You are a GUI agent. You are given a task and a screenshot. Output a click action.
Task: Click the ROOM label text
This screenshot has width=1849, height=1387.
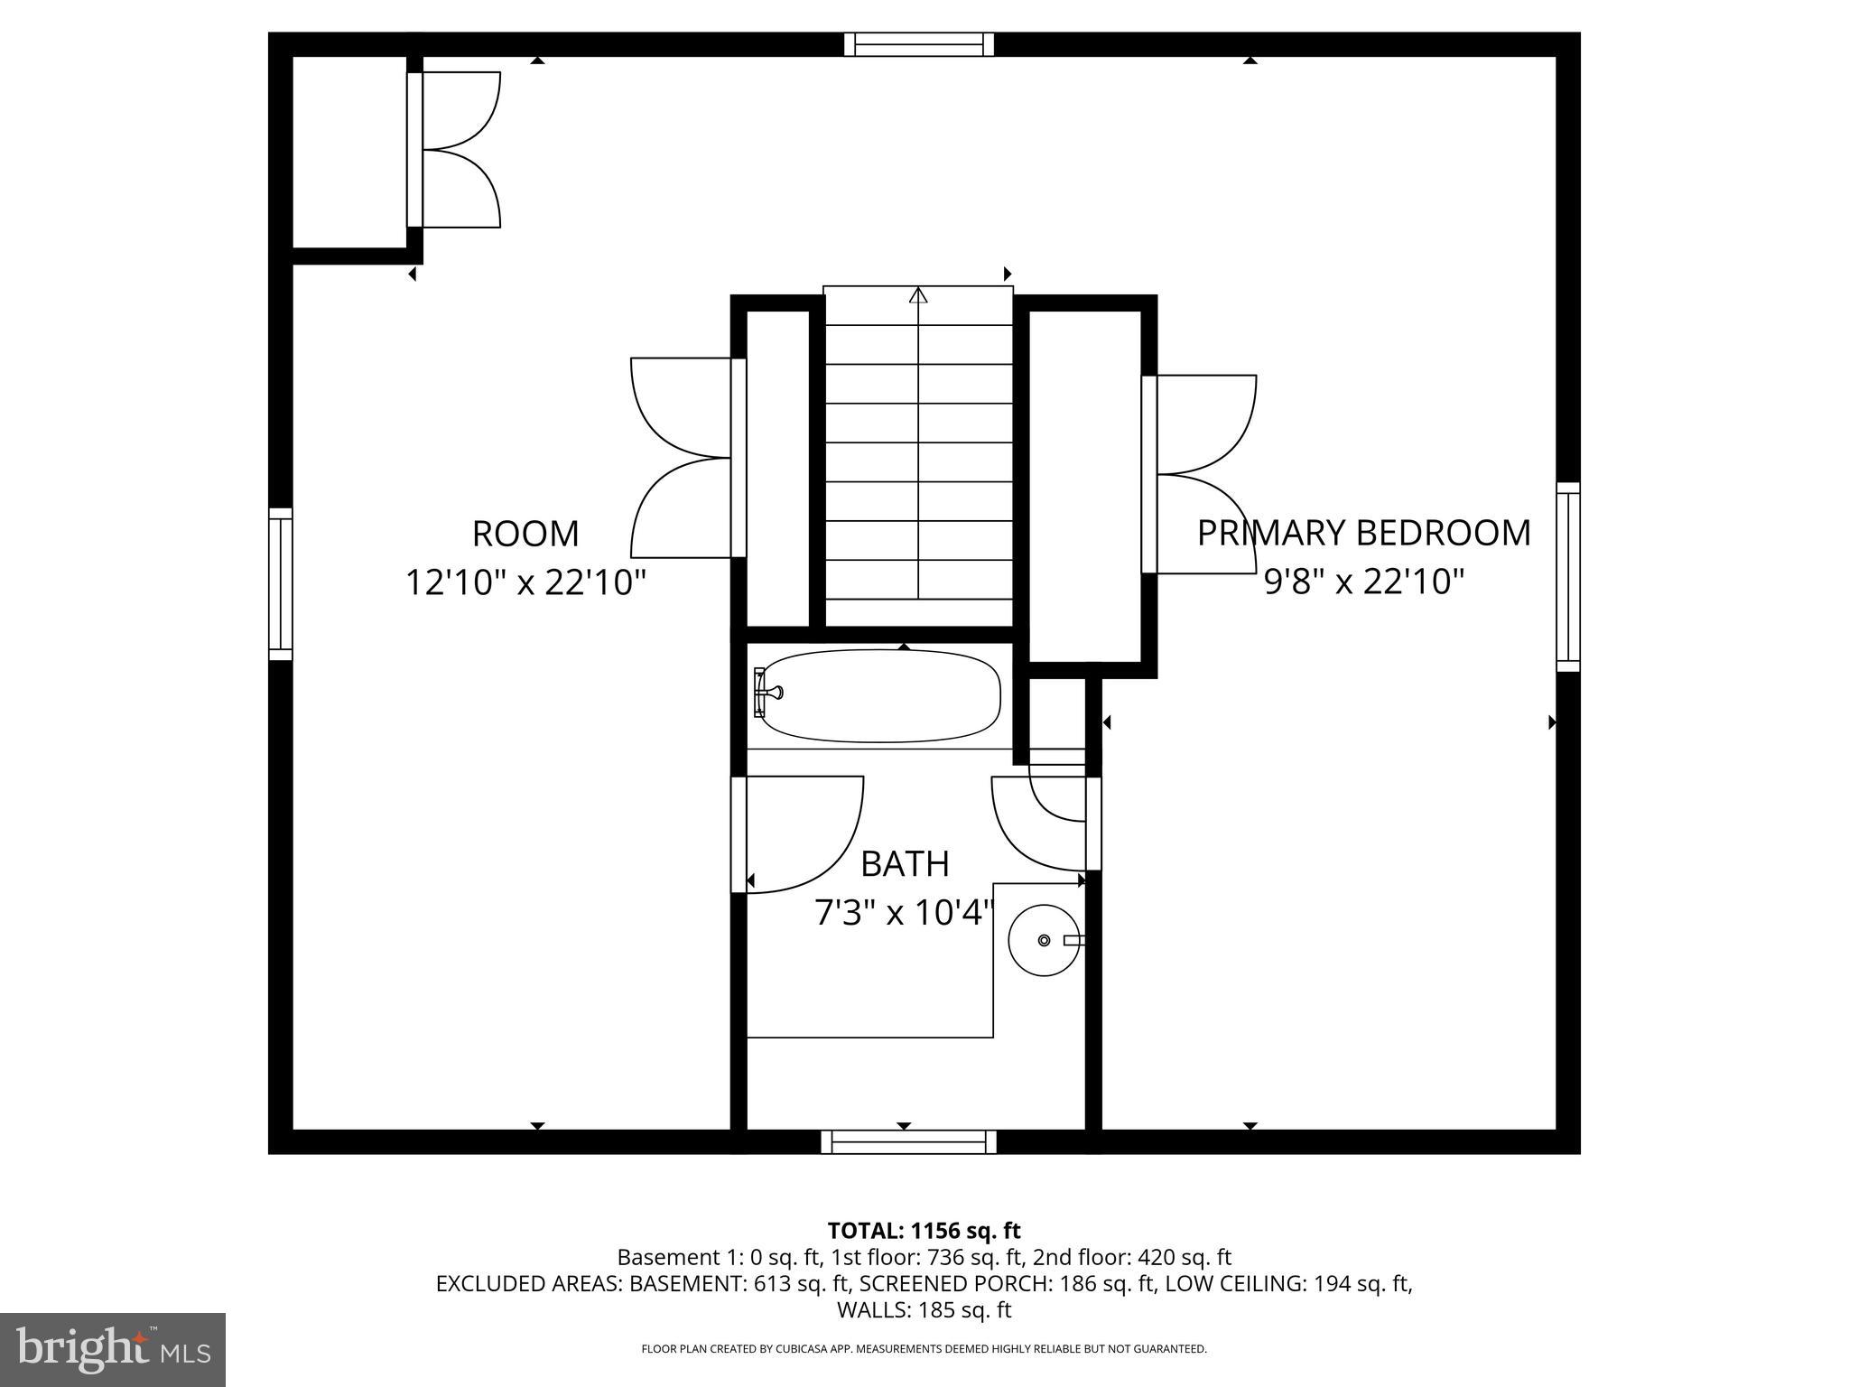click(525, 534)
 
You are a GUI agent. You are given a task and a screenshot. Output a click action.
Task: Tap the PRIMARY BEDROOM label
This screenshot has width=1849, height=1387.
click(1363, 533)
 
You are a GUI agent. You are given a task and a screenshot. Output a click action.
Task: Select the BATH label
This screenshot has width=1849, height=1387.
click(905, 864)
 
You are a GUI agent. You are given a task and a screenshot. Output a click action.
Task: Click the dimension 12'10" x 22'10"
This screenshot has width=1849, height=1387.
click(525, 582)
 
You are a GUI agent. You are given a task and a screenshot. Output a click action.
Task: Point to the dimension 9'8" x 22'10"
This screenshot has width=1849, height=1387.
click(1363, 582)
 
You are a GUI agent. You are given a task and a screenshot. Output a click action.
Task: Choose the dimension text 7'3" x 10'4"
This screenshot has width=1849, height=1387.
click(905, 914)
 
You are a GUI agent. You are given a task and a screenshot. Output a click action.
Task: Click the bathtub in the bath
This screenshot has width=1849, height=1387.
click(880, 696)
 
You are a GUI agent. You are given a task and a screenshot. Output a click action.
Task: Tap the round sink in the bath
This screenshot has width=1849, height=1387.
click(1044, 940)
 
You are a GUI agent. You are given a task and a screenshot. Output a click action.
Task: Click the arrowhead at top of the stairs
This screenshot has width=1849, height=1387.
click(918, 295)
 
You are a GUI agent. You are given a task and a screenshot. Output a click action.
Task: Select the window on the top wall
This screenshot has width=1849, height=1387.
click(918, 44)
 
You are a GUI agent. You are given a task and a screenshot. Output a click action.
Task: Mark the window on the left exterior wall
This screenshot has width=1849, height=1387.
click(281, 584)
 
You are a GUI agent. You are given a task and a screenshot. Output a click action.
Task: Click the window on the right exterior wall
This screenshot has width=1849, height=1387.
click(1568, 576)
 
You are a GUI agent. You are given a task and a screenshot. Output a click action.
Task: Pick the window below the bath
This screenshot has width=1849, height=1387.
click(908, 1142)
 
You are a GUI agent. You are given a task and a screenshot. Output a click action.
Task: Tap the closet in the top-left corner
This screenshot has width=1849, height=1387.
click(349, 151)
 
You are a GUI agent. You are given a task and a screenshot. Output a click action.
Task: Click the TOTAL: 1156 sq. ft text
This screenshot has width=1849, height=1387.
click(924, 1231)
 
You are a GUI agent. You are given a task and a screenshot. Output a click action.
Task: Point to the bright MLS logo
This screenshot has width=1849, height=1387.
click(113, 1350)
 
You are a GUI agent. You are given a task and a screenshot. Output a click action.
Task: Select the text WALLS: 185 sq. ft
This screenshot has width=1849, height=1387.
click(924, 1309)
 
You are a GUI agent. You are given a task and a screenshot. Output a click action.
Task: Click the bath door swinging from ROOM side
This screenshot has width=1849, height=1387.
click(799, 833)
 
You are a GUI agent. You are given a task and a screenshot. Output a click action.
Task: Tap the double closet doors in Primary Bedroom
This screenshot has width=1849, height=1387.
click(1201, 474)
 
